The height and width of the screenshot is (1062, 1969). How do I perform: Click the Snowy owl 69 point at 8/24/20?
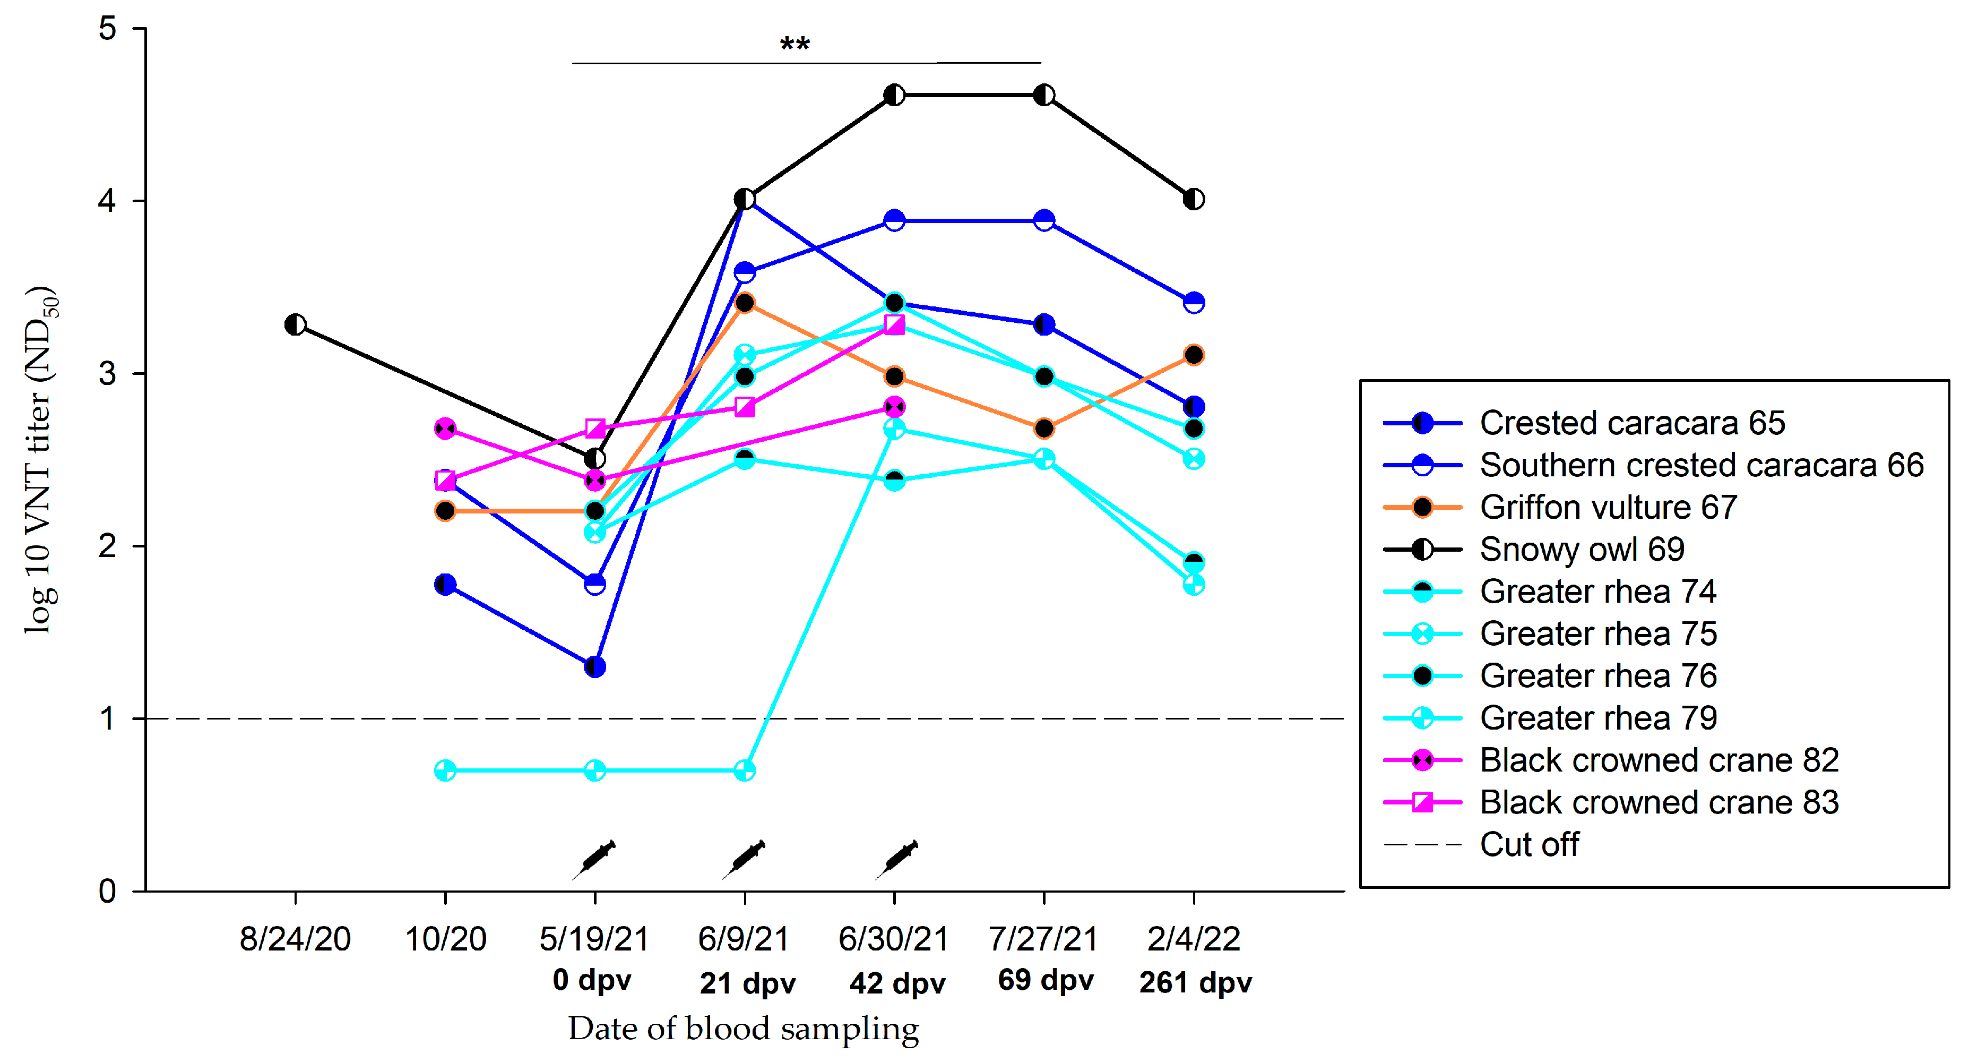point(295,325)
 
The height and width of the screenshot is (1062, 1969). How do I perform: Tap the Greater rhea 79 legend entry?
point(1597,718)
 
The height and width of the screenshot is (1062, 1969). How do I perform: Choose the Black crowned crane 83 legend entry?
point(1658,802)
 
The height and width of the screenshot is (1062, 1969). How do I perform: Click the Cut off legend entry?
point(1528,844)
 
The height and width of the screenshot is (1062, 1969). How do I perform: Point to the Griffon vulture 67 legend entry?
point(1608,507)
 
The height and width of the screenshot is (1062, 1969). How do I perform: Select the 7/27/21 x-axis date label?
point(1043,938)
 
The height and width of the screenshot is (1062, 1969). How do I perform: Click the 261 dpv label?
point(1195,982)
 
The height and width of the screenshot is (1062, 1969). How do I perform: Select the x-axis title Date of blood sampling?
point(743,1029)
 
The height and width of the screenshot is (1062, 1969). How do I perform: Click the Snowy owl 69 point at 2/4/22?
point(1193,200)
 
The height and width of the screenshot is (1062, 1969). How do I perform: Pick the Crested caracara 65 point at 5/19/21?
point(594,667)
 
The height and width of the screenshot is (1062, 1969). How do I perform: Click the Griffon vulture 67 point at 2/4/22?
point(1193,355)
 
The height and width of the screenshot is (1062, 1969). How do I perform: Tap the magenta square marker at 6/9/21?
point(745,407)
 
